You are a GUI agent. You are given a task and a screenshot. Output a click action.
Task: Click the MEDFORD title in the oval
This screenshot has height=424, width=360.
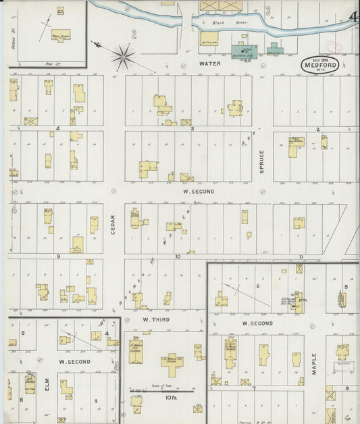321,66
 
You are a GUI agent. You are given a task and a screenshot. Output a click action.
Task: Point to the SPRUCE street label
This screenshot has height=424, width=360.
262,161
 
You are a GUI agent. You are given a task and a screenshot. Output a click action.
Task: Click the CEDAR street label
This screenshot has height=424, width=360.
113,225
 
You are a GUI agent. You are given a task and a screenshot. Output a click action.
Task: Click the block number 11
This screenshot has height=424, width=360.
301,257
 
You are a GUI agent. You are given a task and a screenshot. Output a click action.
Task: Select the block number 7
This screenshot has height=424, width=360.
253,388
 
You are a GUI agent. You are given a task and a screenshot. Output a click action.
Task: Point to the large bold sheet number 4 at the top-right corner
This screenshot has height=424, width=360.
353,16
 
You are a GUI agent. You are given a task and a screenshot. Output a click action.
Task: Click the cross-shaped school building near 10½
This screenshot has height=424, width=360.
172,365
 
